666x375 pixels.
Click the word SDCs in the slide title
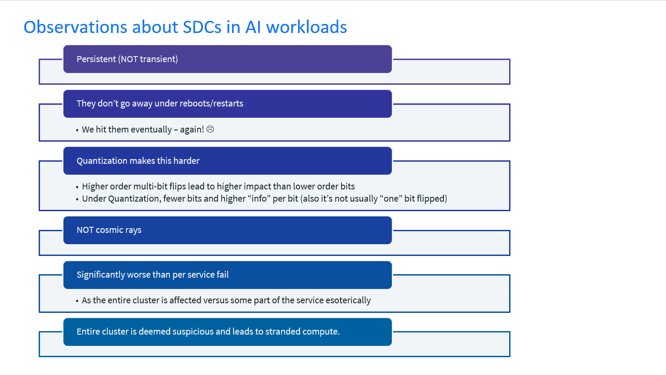[x=202, y=27]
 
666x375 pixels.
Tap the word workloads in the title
[x=306, y=27]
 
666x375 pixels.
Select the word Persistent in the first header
[x=96, y=59]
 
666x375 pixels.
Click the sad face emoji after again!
[x=210, y=129]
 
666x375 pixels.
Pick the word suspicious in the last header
[x=193, y=332]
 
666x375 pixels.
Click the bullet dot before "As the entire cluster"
[x=77, y=301]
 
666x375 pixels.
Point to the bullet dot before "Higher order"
[x=77, y=187]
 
